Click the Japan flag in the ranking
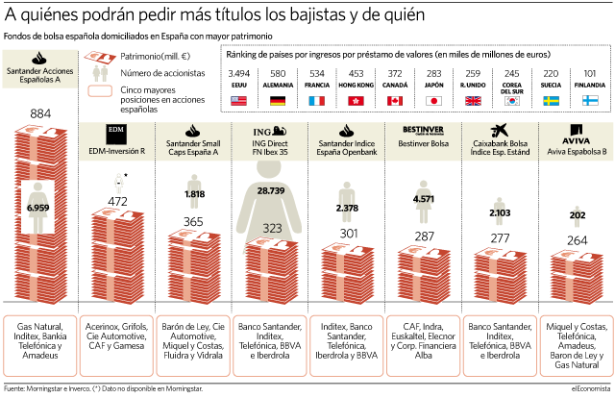click(433, 101)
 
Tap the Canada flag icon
click(395, 101)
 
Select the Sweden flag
click(551, 101)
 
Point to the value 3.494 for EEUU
click(239, 73)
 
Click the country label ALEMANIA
click(278, 85)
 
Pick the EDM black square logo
click(116, 135)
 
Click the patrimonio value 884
click(40, 113)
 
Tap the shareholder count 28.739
click(271, 190)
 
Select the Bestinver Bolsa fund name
click(423, 143)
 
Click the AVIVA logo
click(577, 135)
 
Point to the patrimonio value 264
click(577, 240)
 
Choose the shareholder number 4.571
click(424, 199)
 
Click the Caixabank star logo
click(500, 131)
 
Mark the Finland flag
click(590, 101)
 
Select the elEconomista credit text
click(591, 388)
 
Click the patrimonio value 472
click(117, 201)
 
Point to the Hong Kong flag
click(356, 101)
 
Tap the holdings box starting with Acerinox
click(116, 346)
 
